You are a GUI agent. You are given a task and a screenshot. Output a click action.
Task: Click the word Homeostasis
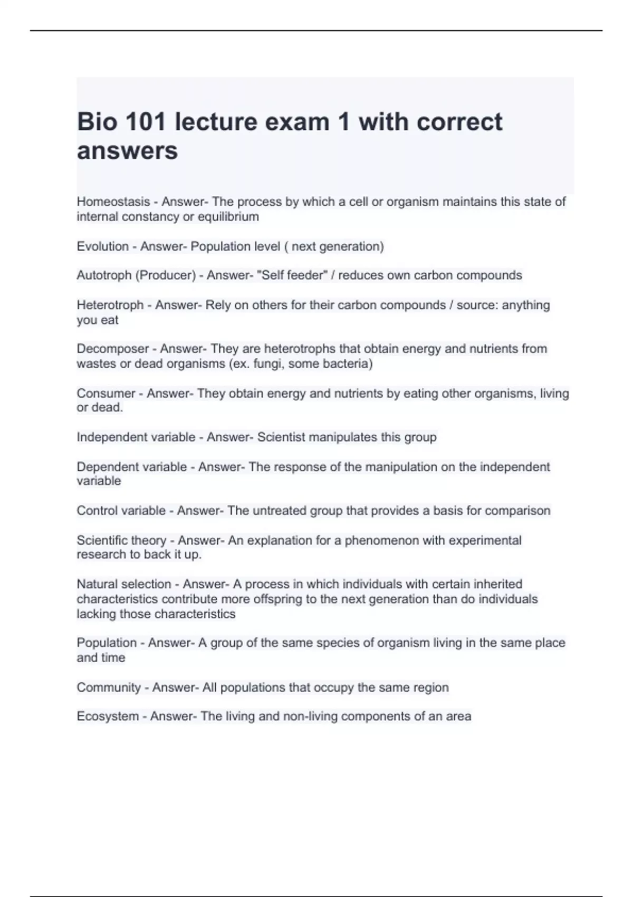113,202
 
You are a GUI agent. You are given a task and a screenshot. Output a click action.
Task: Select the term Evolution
103,246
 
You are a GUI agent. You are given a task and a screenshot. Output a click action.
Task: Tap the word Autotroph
104,275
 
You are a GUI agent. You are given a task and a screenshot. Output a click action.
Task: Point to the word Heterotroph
110,305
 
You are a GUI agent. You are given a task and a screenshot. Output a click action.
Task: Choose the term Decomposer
113,349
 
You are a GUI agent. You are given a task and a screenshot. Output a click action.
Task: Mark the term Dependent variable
132,467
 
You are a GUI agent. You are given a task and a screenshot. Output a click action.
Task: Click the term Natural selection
124,584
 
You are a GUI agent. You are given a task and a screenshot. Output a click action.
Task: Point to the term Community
109,688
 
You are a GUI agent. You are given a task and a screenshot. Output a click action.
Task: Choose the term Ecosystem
108,717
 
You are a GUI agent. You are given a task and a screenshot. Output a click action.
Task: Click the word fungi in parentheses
268,364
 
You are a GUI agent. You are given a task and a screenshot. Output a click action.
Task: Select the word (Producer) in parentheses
166,275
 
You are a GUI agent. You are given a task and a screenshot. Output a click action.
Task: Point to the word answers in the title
128,151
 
